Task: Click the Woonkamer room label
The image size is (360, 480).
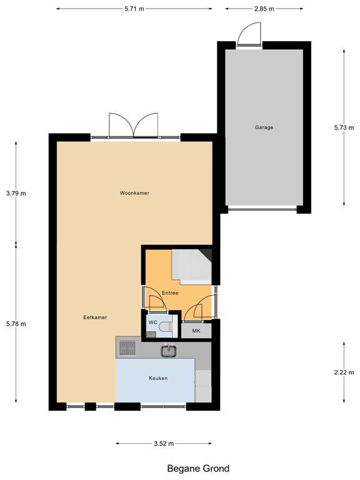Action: click(x=134, y=193)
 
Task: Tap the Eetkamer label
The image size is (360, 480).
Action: click(x=95, y=317)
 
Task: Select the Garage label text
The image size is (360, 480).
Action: click(x=264, y=127)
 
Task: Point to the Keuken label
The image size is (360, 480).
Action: click(x=158, y=378)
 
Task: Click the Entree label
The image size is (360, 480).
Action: click(x=170, y=293)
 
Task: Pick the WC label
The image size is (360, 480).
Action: click(x=152, y=322)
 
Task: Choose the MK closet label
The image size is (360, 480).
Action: click(x=196, y=331)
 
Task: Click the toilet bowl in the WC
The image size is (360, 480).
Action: click(x=167, y=327)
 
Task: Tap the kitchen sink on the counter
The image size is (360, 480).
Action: click(x=169, y=351)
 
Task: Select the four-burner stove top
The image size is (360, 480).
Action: click(x=127, y=348)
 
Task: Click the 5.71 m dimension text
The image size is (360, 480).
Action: click(x=134, y=9)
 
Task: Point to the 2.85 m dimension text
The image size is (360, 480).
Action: click(x=264, y=9)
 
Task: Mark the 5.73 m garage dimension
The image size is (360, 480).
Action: click(x=344, y=127)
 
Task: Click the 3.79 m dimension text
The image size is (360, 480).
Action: click(x=16, y=194)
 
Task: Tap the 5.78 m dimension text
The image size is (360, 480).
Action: click(x=16, y=324)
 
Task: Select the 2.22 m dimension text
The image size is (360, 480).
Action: click(x=344, y=372)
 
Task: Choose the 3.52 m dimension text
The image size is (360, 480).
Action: click(x=164, y=443)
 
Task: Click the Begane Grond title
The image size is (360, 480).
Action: click(x=198, y=468)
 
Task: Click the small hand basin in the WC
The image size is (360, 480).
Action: click(x=150, y=334)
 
